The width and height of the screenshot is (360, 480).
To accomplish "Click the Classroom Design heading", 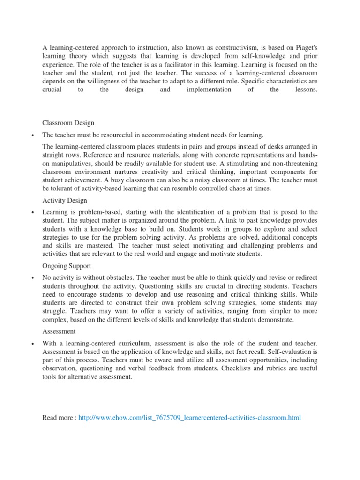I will coord(68,123).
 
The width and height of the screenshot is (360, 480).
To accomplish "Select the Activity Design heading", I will coord(64,200).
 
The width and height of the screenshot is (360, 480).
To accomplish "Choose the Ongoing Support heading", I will coord(67,266).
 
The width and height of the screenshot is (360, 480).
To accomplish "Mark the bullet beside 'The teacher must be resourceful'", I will coord(32,135).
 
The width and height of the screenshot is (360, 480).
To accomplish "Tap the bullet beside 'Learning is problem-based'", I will coord(32,213).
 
